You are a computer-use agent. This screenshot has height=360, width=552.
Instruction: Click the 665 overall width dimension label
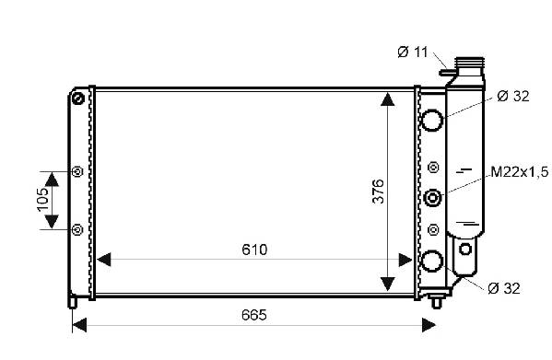point(253,315)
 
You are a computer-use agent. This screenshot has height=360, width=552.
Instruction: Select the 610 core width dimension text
point(254,250)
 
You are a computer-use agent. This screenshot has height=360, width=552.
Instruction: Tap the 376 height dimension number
point(379,192)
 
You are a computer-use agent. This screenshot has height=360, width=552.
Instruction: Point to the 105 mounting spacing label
point(43,200)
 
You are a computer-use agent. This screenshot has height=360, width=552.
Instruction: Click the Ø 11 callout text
point(412,52)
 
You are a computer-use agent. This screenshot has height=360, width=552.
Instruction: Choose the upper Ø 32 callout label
point(513,96)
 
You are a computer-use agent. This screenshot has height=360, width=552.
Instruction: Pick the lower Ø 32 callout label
point(504,288)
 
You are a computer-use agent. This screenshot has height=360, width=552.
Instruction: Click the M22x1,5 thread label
point(520,172)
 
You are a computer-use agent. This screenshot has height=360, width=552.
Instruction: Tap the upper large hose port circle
point(432,120)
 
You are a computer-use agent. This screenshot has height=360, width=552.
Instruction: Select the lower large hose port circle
point(432,261)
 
